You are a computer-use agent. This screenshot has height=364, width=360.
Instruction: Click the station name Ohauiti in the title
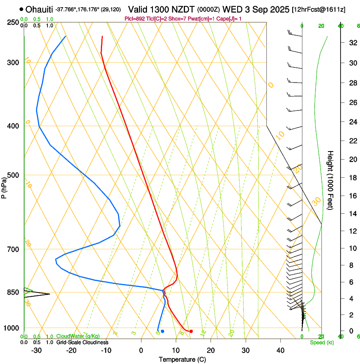pos(39,9)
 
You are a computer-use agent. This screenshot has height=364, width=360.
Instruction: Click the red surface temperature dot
pos(191,331)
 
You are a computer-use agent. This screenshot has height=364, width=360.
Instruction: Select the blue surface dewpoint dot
pos(162,331)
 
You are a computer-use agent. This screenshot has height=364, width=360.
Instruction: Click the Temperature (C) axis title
pos(183,359)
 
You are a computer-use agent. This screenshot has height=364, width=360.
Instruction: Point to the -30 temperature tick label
pos(36,350)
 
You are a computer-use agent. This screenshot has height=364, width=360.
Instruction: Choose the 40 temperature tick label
pos(280,350)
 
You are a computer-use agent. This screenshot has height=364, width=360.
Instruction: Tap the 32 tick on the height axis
pos(352,42)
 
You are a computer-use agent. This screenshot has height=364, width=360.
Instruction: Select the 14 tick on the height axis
pos(352,214)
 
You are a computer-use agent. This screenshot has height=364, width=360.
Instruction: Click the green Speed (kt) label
pos(322,342)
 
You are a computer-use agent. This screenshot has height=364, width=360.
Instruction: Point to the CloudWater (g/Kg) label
pos(78,336)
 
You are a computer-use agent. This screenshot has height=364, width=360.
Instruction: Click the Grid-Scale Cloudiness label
pos(82,342)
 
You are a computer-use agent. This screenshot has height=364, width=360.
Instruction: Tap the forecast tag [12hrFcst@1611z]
pos(318,9)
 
